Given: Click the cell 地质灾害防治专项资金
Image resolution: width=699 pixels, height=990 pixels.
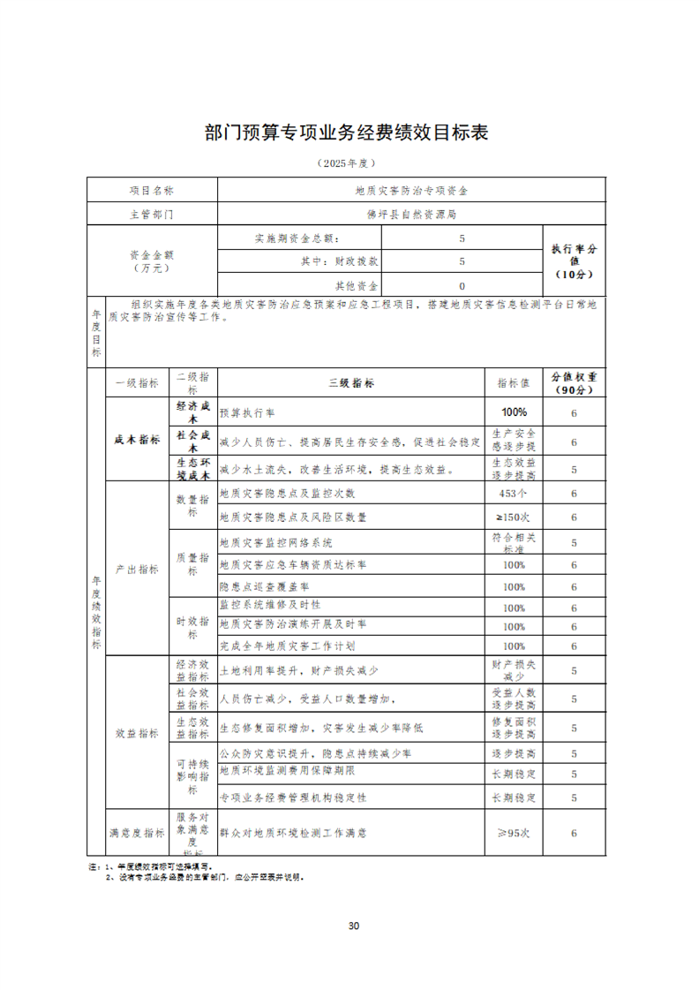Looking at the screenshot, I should click(411, 190).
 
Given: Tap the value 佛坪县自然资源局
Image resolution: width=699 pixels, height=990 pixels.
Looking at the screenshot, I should click(411, 214).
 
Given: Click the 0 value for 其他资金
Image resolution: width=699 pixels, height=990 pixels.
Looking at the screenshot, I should click(462, 286).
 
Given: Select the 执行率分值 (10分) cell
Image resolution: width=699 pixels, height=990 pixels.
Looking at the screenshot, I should click(574, 261).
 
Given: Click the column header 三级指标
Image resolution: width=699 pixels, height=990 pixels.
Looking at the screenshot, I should click(351, 383).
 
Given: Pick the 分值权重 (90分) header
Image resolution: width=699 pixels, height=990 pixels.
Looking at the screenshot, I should click(574, 382).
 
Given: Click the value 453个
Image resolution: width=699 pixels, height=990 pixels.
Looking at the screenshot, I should click(514, 494).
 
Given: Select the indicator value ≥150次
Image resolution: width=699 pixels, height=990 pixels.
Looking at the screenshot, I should click(514, 518).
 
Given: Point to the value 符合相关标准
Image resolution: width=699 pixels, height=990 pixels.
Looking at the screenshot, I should click(514, 542).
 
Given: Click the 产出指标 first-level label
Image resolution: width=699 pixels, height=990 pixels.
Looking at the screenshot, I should click(137, 570).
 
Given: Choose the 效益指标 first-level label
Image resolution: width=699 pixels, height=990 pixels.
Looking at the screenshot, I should click(137, 733).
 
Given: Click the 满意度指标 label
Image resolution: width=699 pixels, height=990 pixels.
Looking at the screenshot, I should click(137, 832).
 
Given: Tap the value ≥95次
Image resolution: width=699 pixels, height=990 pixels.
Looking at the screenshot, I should click(514, 832).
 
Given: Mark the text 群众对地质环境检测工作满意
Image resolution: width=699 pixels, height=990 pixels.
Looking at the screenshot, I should click(292, 832).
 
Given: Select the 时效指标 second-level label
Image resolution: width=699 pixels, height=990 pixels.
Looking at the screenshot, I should click(192, 628).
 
